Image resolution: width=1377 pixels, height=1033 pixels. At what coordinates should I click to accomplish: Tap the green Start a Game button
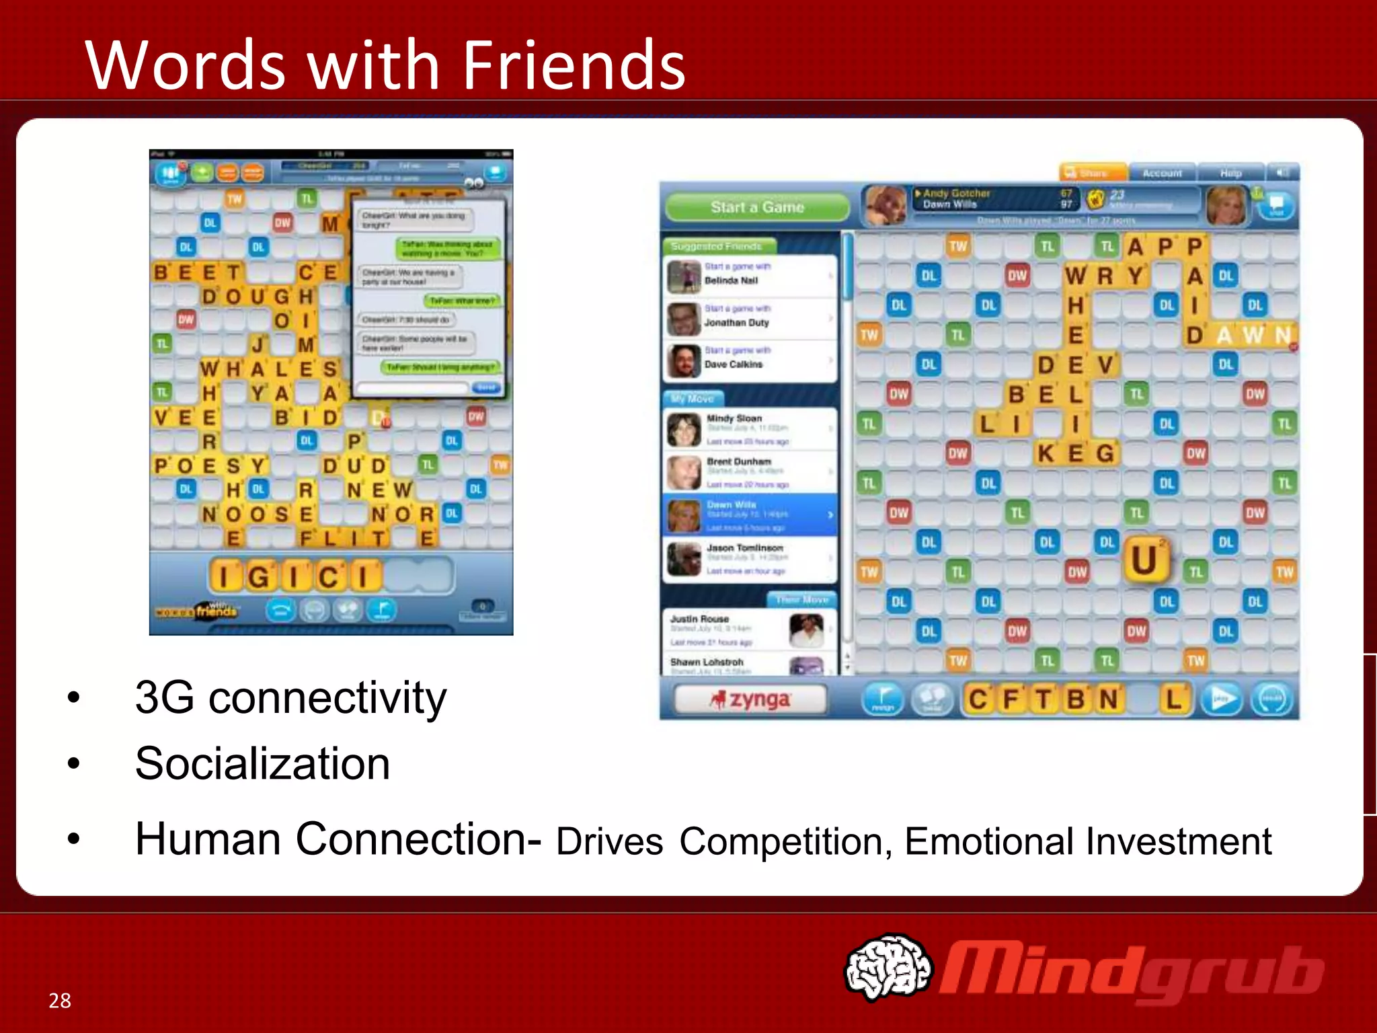tap(757, 207)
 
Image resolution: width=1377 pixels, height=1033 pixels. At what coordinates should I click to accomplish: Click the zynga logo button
tap(750, 699)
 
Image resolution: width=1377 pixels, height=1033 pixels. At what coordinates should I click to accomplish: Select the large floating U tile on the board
tap(1144, 560)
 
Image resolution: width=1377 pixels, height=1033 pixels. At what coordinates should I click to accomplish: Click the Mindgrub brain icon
tap(888, 967)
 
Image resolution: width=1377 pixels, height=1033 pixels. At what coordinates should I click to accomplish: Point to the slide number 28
tap(60, 1000)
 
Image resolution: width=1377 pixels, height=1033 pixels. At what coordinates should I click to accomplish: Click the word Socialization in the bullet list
tap(262, 764)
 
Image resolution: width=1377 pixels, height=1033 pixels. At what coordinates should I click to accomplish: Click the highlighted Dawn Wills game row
tap(750, 514)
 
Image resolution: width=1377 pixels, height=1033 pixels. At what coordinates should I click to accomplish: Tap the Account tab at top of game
tap(1162, 174)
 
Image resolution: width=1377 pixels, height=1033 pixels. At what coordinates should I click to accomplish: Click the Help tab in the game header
tap(1230, 174)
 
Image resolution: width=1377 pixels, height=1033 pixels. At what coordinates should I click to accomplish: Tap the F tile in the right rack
tap(1011, 699)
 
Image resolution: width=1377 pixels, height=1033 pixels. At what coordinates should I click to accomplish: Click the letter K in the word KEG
tap(1046, 454)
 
